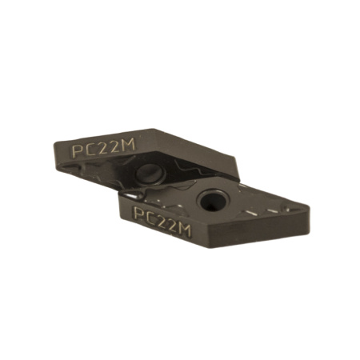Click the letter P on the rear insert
[78, 149]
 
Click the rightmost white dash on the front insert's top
[275, 210]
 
